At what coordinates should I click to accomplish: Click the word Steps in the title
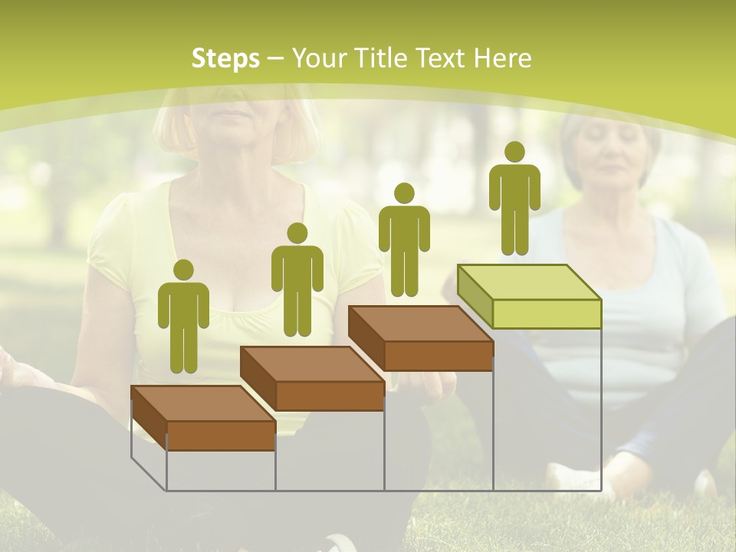point(225,58)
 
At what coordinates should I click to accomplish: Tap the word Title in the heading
point(378,58)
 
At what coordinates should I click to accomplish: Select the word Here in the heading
point(502,58)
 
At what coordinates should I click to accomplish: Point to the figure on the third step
point(404,239)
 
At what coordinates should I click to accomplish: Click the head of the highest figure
point(514,152)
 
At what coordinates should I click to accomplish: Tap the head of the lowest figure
point(183,270)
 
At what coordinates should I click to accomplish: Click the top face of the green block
point(529,281)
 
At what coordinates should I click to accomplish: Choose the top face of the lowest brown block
point(204,403)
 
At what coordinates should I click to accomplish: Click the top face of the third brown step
point(420,324)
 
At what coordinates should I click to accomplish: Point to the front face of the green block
point(547,314)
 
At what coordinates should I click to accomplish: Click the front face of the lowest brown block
point(221,435)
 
